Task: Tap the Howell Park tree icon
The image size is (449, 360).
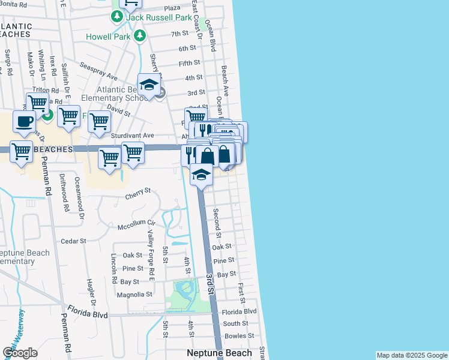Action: click(x=140, y=36)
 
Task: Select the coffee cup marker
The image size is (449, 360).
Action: click(x=24, y=121)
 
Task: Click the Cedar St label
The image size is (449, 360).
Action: click(x=74, y=241)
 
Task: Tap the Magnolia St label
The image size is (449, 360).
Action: click(x=134, y=295)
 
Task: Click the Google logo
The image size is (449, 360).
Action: click(x=20, y=353)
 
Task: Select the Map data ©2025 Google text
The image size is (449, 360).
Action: click(x=411, y=355)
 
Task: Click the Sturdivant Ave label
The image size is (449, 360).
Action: click(x=132, y=136)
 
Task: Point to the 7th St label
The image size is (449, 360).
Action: click(x=179, y=34)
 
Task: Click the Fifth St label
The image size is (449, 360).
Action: click(x=189, y=63)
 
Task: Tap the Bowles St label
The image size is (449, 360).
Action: click(x=235, y=336)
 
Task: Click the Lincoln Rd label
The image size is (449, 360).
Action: click(x=113, y=268)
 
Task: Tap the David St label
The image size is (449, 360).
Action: click(x=119, y=112)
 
